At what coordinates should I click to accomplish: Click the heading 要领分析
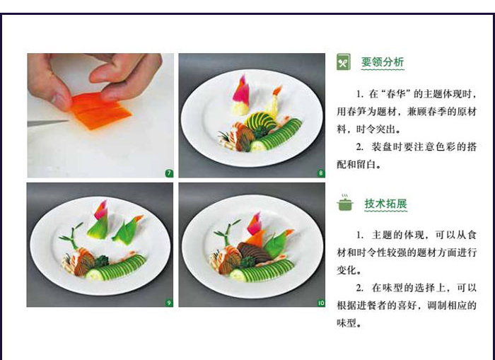point(383,62)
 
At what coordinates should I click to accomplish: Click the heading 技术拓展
point(386,204)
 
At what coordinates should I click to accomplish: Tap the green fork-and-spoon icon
point(344,62)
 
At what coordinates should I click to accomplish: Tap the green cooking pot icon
point(345,203)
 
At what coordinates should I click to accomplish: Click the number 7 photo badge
point(169,173)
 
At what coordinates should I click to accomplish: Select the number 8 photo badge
point(321,173)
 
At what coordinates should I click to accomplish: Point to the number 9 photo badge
point(169,303)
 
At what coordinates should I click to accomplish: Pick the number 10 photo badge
point(321,303)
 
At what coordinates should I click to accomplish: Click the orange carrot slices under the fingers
point(100,110)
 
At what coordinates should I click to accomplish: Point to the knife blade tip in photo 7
point(68,121)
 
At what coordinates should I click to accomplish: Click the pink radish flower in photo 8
point(241,89)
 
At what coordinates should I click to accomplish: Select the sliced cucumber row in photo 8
point(276,136)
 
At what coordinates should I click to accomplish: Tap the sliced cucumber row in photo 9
point(117,268)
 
